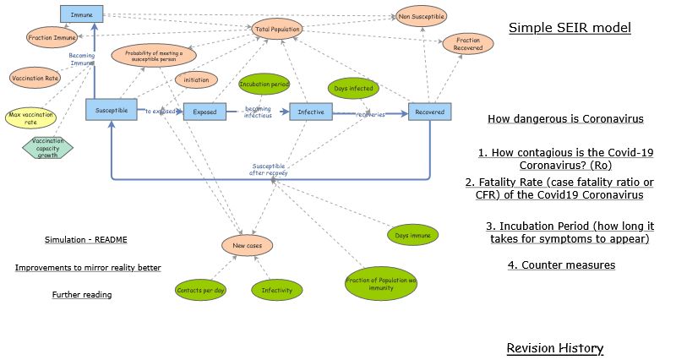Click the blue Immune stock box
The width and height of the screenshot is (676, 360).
[82, 14]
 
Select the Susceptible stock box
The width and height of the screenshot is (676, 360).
[111, 110]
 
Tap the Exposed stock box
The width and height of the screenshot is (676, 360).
[204, 112]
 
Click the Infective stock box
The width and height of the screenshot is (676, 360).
[310, 112]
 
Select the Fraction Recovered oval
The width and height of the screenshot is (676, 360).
[468, 44]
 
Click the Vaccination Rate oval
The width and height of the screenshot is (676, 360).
[35, 78]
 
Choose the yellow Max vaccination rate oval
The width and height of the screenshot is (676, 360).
[30, 117]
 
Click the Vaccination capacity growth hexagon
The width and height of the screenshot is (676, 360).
[47, 147]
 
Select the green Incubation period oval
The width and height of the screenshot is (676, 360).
[264, 85]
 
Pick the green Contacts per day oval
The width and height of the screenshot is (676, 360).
[199, 291]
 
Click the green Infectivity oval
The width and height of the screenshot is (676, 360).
[276, 291]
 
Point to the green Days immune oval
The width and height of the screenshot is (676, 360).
[412, 234]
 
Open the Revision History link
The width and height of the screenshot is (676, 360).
[554, 348]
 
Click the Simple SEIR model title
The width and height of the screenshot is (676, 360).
[569, 29]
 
